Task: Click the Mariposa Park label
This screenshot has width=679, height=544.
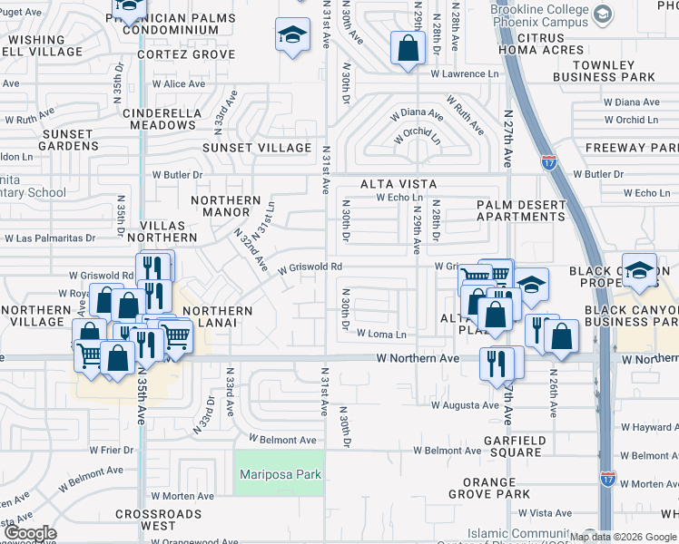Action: pos(280,474)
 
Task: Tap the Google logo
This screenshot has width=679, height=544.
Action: pos(30,533)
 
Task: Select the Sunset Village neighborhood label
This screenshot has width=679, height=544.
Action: pos(257,148)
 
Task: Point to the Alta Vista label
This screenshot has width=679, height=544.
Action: pos(392,184)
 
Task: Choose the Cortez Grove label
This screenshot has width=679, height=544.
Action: pos(186,54)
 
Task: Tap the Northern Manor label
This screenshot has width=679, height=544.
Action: pos(225,207)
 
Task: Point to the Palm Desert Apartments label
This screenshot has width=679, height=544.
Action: pos(521,210)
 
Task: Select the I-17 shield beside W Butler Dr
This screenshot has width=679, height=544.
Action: pos(548,162)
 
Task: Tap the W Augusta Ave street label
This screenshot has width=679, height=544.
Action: pos(465,405)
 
